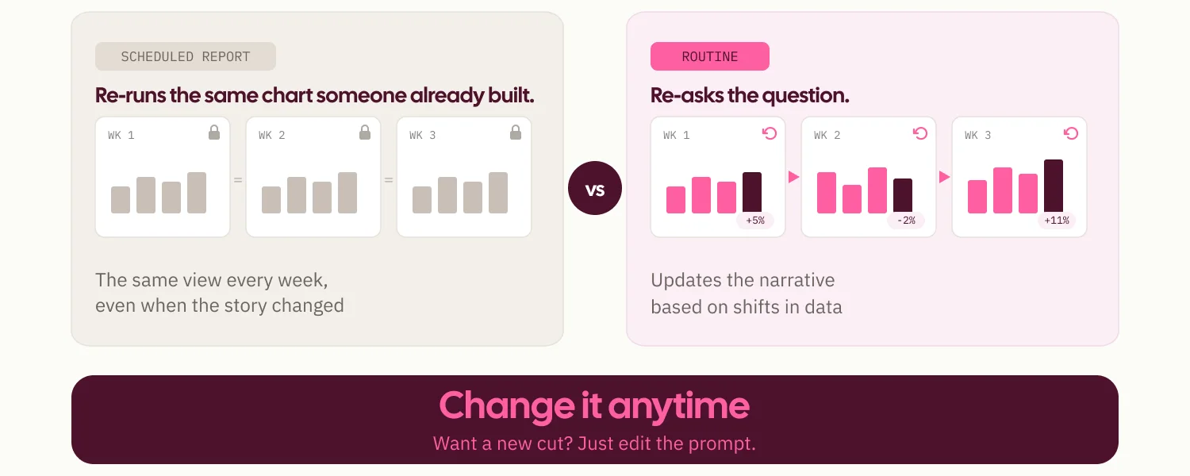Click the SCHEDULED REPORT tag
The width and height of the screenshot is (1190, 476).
[x=186, y=56]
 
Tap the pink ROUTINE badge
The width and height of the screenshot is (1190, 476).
[x=710, y=56]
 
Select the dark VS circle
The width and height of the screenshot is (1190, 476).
[x=595, y=188]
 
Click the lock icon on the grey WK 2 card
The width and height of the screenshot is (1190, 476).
[x=365, y=132]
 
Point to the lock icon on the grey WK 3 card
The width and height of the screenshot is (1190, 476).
[x=516, y=132]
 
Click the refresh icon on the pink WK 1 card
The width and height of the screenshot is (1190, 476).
[x=770, y=133]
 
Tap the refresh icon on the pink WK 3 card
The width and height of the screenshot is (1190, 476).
[x=1071, y=133]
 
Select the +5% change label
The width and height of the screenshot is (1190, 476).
[x=755, y=221]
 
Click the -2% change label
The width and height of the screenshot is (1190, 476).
[x=906, y=221]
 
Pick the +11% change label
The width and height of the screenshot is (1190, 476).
[x=1057, y=221]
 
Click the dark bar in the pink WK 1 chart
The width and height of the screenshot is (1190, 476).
[x=752, y=192]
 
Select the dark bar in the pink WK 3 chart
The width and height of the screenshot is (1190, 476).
[x=1054, y=186]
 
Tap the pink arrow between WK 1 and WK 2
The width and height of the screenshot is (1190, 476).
[x=793, y=177]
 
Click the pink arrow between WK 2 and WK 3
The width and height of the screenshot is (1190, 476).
[x=944, y=177]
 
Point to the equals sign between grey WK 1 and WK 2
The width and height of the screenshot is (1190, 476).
[x=238, y=181]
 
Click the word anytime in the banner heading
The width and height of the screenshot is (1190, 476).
[x=678, y=406]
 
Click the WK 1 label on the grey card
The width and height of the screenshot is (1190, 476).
[x=121, y=136]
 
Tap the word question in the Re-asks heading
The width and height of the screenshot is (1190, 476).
[x=805, y=96]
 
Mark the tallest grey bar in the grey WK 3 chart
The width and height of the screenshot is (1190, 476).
[x=498, y=192]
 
